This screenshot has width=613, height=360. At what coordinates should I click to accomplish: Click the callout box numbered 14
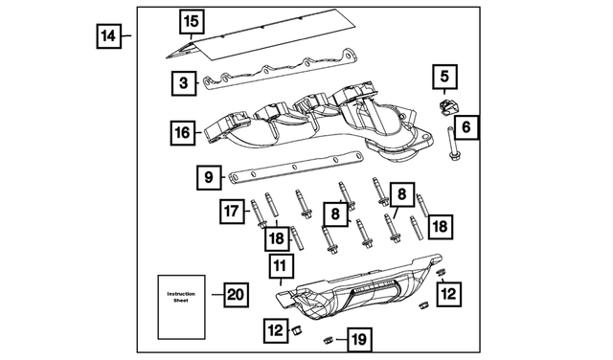108,36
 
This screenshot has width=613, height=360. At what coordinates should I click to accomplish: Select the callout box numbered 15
192,21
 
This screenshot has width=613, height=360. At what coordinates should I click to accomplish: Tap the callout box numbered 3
184,83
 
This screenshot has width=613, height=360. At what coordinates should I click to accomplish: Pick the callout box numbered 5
444,77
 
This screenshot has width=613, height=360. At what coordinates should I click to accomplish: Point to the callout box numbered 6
466,127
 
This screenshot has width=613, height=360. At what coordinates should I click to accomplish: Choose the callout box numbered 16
183,133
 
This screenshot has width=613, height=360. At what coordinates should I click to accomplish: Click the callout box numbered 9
209,177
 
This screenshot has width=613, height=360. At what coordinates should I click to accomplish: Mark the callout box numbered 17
232,212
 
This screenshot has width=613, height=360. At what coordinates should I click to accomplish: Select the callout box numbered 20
236,294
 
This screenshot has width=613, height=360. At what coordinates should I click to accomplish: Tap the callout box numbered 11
281,266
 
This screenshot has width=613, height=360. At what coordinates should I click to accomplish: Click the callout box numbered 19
359,340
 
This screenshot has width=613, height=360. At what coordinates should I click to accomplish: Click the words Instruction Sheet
181,297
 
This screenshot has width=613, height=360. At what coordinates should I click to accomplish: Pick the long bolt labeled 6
452,143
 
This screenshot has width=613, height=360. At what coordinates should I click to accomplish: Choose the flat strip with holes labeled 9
297,167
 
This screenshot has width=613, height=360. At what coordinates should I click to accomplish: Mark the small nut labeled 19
328,340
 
